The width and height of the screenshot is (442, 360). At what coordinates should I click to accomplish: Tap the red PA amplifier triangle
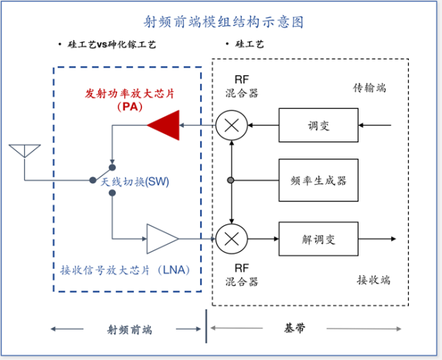[164, 125]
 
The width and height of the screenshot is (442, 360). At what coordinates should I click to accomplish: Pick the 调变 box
[319, 126]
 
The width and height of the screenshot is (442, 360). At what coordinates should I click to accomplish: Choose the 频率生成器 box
[319, 181]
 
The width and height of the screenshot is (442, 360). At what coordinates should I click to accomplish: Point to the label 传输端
[370, 88]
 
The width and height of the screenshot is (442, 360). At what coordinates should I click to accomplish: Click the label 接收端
[373, 279]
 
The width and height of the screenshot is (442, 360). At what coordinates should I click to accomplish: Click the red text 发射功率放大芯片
[128, 93]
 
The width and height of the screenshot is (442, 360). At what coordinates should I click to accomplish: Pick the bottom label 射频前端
[125, 329]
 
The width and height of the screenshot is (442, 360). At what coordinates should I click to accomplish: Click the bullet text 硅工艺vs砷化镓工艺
[110, 45]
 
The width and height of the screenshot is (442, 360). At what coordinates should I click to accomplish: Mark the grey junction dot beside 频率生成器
[230, 181]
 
